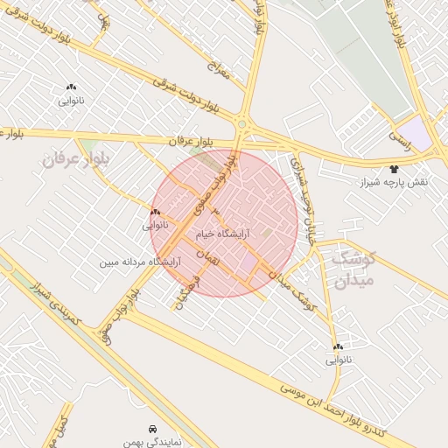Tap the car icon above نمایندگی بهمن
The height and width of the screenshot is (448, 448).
coord(152,429)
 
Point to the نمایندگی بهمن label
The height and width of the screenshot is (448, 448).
coord(152,443)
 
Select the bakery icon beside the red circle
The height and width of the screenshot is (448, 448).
coord(155,213)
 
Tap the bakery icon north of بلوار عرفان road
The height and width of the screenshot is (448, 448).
coord(71,87)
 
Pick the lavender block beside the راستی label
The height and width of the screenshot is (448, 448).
coord(421,136)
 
